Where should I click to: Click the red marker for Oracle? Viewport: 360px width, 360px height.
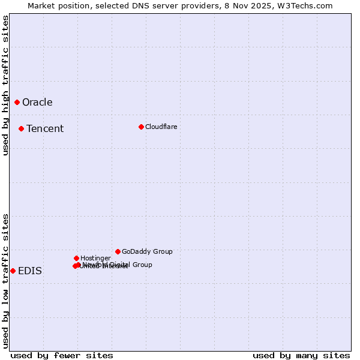tap(17, 102)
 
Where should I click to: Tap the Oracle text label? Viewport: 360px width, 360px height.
tap(37, 102)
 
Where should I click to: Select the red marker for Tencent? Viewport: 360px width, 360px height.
tap(21, 128)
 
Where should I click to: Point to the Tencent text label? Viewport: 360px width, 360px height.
tap(45, 128)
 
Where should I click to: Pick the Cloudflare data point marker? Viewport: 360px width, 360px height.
tap(141, 127)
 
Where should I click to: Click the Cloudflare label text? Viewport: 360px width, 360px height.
tap(161, 127)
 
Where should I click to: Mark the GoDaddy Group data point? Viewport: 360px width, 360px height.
tap(118, 251)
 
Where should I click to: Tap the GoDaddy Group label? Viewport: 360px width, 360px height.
tap(147, 251)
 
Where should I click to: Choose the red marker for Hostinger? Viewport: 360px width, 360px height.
tap(76, 258)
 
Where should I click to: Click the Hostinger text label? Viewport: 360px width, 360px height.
tap(95, 258)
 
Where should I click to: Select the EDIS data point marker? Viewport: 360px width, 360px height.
tap(13, 271)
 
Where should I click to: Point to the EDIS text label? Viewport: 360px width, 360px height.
tap(30, 271)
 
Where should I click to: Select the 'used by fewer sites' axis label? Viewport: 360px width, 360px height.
tap(62, 355)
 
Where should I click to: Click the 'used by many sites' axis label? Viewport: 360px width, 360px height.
tap(301, 355)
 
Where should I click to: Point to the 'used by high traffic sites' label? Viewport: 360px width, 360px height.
tap(5, 85)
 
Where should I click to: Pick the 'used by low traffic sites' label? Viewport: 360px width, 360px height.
tap(5, 281)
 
